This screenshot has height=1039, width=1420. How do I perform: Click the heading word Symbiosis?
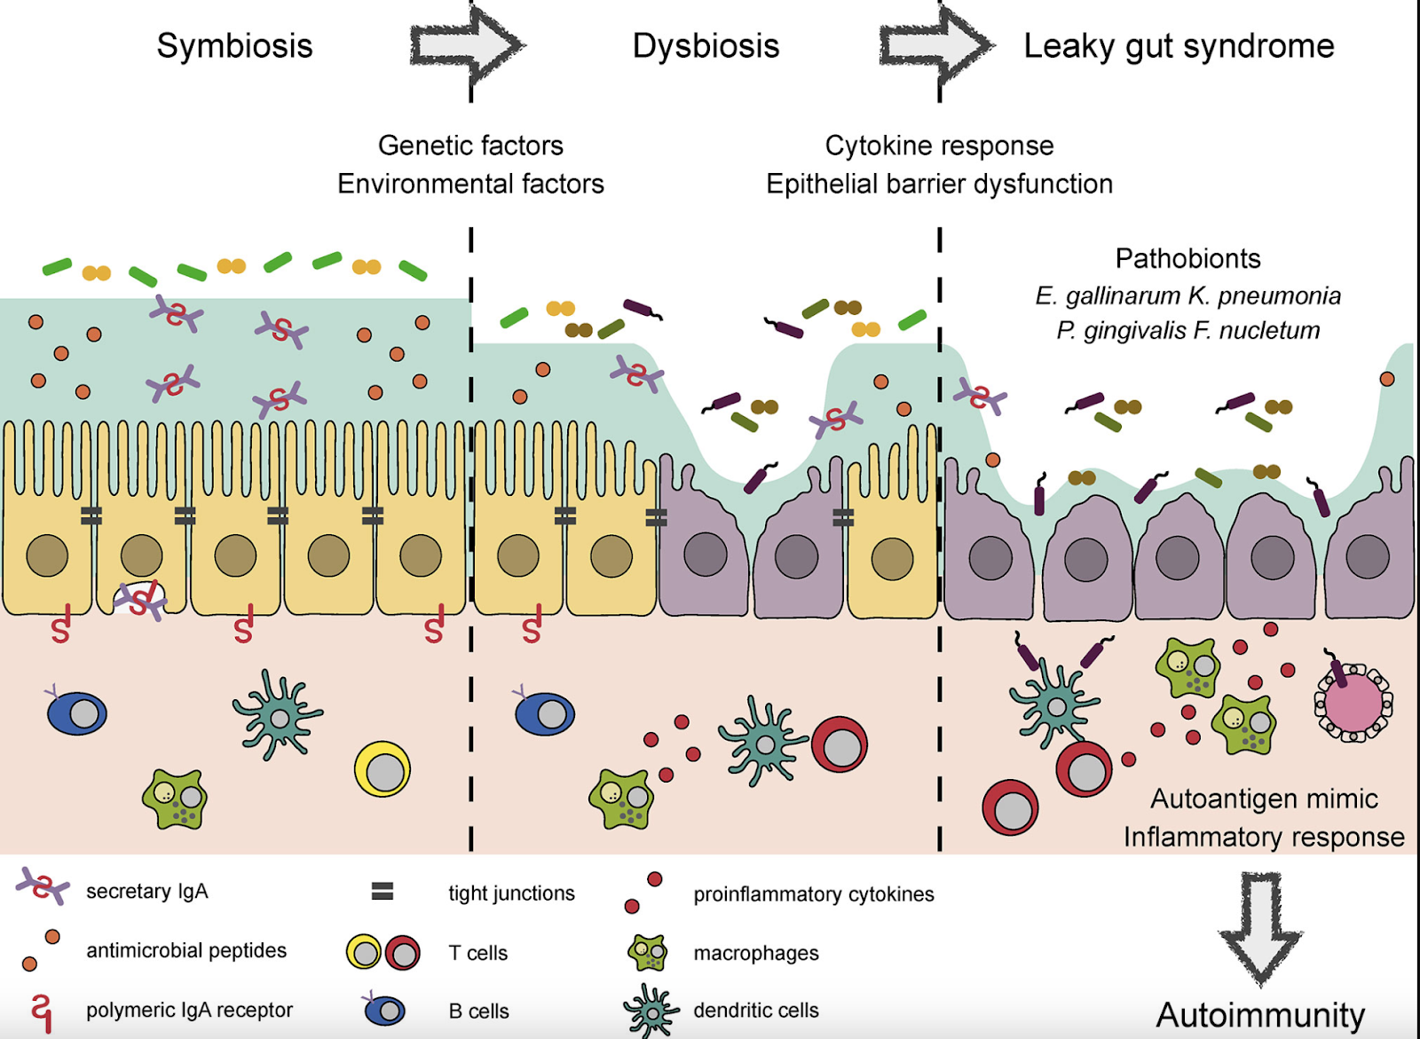click(x=234, y=46)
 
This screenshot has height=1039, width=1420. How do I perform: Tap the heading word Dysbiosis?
click(x=706, y=46)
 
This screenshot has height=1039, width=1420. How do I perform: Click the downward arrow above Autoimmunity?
click(x=1260, y=927)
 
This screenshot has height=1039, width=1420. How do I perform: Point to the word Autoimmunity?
click(x=1260, y=1014)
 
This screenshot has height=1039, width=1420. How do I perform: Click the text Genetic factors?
click(x=470, y=146)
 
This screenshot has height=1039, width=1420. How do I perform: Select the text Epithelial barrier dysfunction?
click(x=939, y=184)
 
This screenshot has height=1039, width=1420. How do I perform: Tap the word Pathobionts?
click(x=1187, y=258)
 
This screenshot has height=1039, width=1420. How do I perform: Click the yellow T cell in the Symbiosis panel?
click(x=383, y=769)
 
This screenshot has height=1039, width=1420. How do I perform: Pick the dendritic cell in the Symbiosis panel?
click(x=278, y=715)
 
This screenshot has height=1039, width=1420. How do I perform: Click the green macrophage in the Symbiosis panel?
click(x=175, y=798)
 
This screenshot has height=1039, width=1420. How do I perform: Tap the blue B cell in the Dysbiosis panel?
click(x=544, y=713)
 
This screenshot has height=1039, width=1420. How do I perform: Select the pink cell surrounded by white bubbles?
click(x=1353, y=703)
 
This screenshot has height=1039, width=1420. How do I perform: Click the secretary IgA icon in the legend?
click(x=43, y=886)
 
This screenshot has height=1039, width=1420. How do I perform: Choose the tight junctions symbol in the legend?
click(x=382, y=892)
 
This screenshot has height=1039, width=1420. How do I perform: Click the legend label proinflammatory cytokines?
click(x=813, y=894)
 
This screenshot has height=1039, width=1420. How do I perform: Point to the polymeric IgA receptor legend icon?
click(x=41, y=1011)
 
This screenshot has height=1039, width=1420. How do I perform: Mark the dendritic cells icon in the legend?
click(x=651, y=1011)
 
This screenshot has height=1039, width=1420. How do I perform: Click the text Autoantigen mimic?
click(x=1264, y=799)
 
